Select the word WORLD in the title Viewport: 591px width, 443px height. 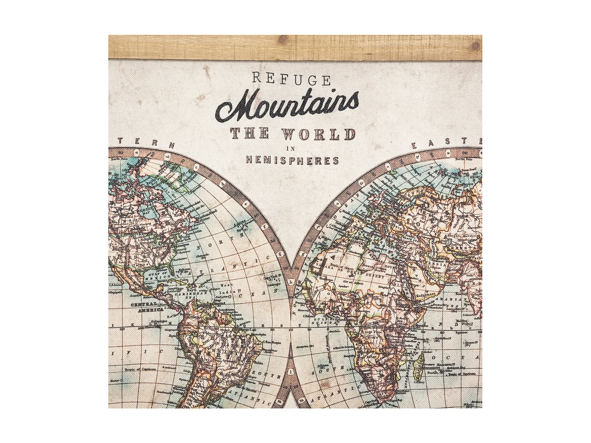(x=320, y=134)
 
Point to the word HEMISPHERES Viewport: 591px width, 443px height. (x=292, y=160)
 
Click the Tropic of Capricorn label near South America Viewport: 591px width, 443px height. (x=140, y=369)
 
